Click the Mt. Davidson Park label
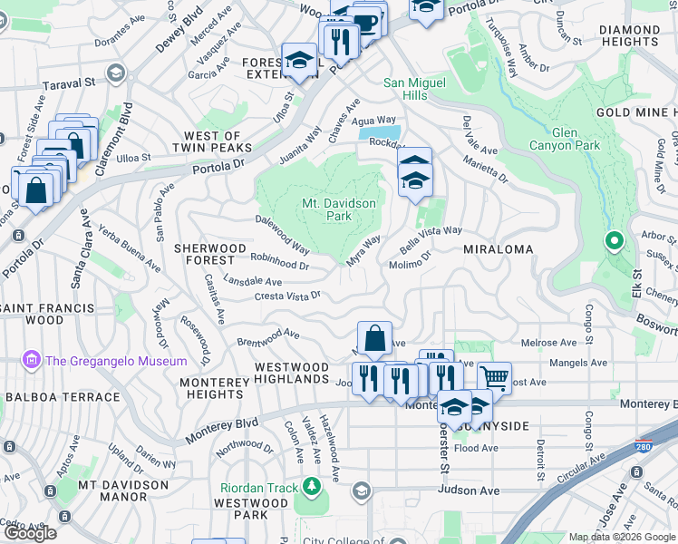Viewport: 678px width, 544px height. [x=337, y=209]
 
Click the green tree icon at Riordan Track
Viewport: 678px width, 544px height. [x=312, y=488]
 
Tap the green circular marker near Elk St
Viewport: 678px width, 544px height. [x=614, y=241]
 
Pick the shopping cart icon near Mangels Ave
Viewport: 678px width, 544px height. [x=494, y=376]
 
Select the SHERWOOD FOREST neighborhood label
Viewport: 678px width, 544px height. [x=209, y=254]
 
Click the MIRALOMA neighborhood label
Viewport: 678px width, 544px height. [x=498, y=248]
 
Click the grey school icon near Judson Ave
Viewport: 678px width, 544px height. [x=361, y=491]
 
